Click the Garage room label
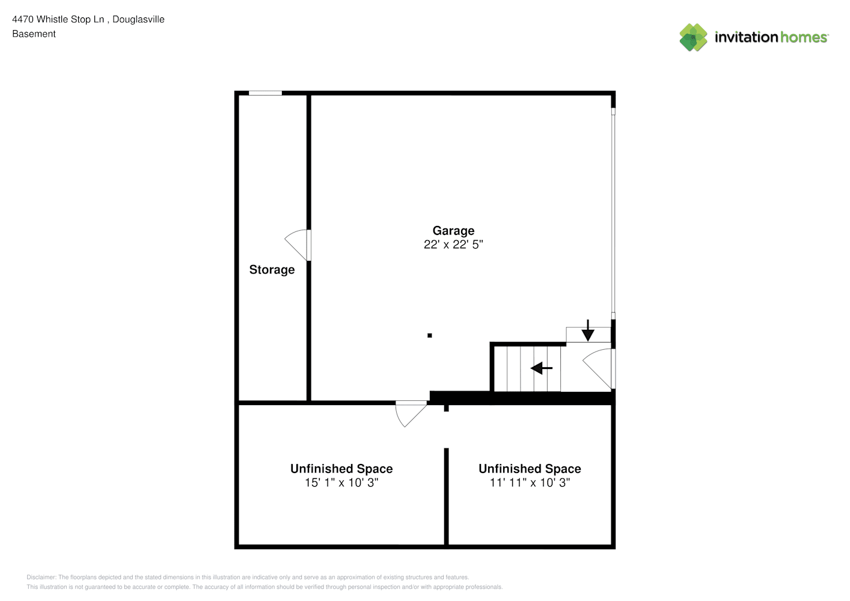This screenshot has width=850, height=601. pyautogui.click(x=453, y=231)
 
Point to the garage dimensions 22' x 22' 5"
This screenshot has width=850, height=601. pyautogui.click(x=453, y=245)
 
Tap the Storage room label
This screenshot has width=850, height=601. pyautogui.click(x=272, y=270)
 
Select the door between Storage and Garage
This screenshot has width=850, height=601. pyautogui.click(x=298, y=245)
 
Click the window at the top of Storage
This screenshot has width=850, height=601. pyautogui.click(x=265, y=93)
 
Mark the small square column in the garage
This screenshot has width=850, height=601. pyautogui.click(x=430, y=335)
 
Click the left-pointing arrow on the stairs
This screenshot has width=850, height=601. pyautogui.click(x=541, y=368)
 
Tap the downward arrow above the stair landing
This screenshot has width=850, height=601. pyautogui.click(x=588, y=330)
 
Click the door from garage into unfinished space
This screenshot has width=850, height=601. pyautogui.click(x=411, y=414)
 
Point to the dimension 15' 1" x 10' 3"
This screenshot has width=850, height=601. pyautogui.click(x=341, y=483)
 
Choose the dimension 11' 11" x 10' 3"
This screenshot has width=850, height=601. pyautogui.click(x=530, y=483)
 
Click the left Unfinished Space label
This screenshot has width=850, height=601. pyautogui.click(x=341, y=469)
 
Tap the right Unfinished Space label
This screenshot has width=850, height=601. pyautogui.click(x=530, y=469)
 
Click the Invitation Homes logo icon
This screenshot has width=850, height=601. pyautogui.click(x=693, y=37)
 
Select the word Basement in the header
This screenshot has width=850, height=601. pyautogui.click(x=34, y=34)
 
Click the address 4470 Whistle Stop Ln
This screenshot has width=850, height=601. pyautogui.click(x=58, y=19)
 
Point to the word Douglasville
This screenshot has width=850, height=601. pyautogui.click(x=138, y=19)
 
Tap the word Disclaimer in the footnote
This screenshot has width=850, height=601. pyautogui.click(x=41, y=577)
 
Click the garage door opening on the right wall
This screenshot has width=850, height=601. pyautogui.click(x=613, y=213)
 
